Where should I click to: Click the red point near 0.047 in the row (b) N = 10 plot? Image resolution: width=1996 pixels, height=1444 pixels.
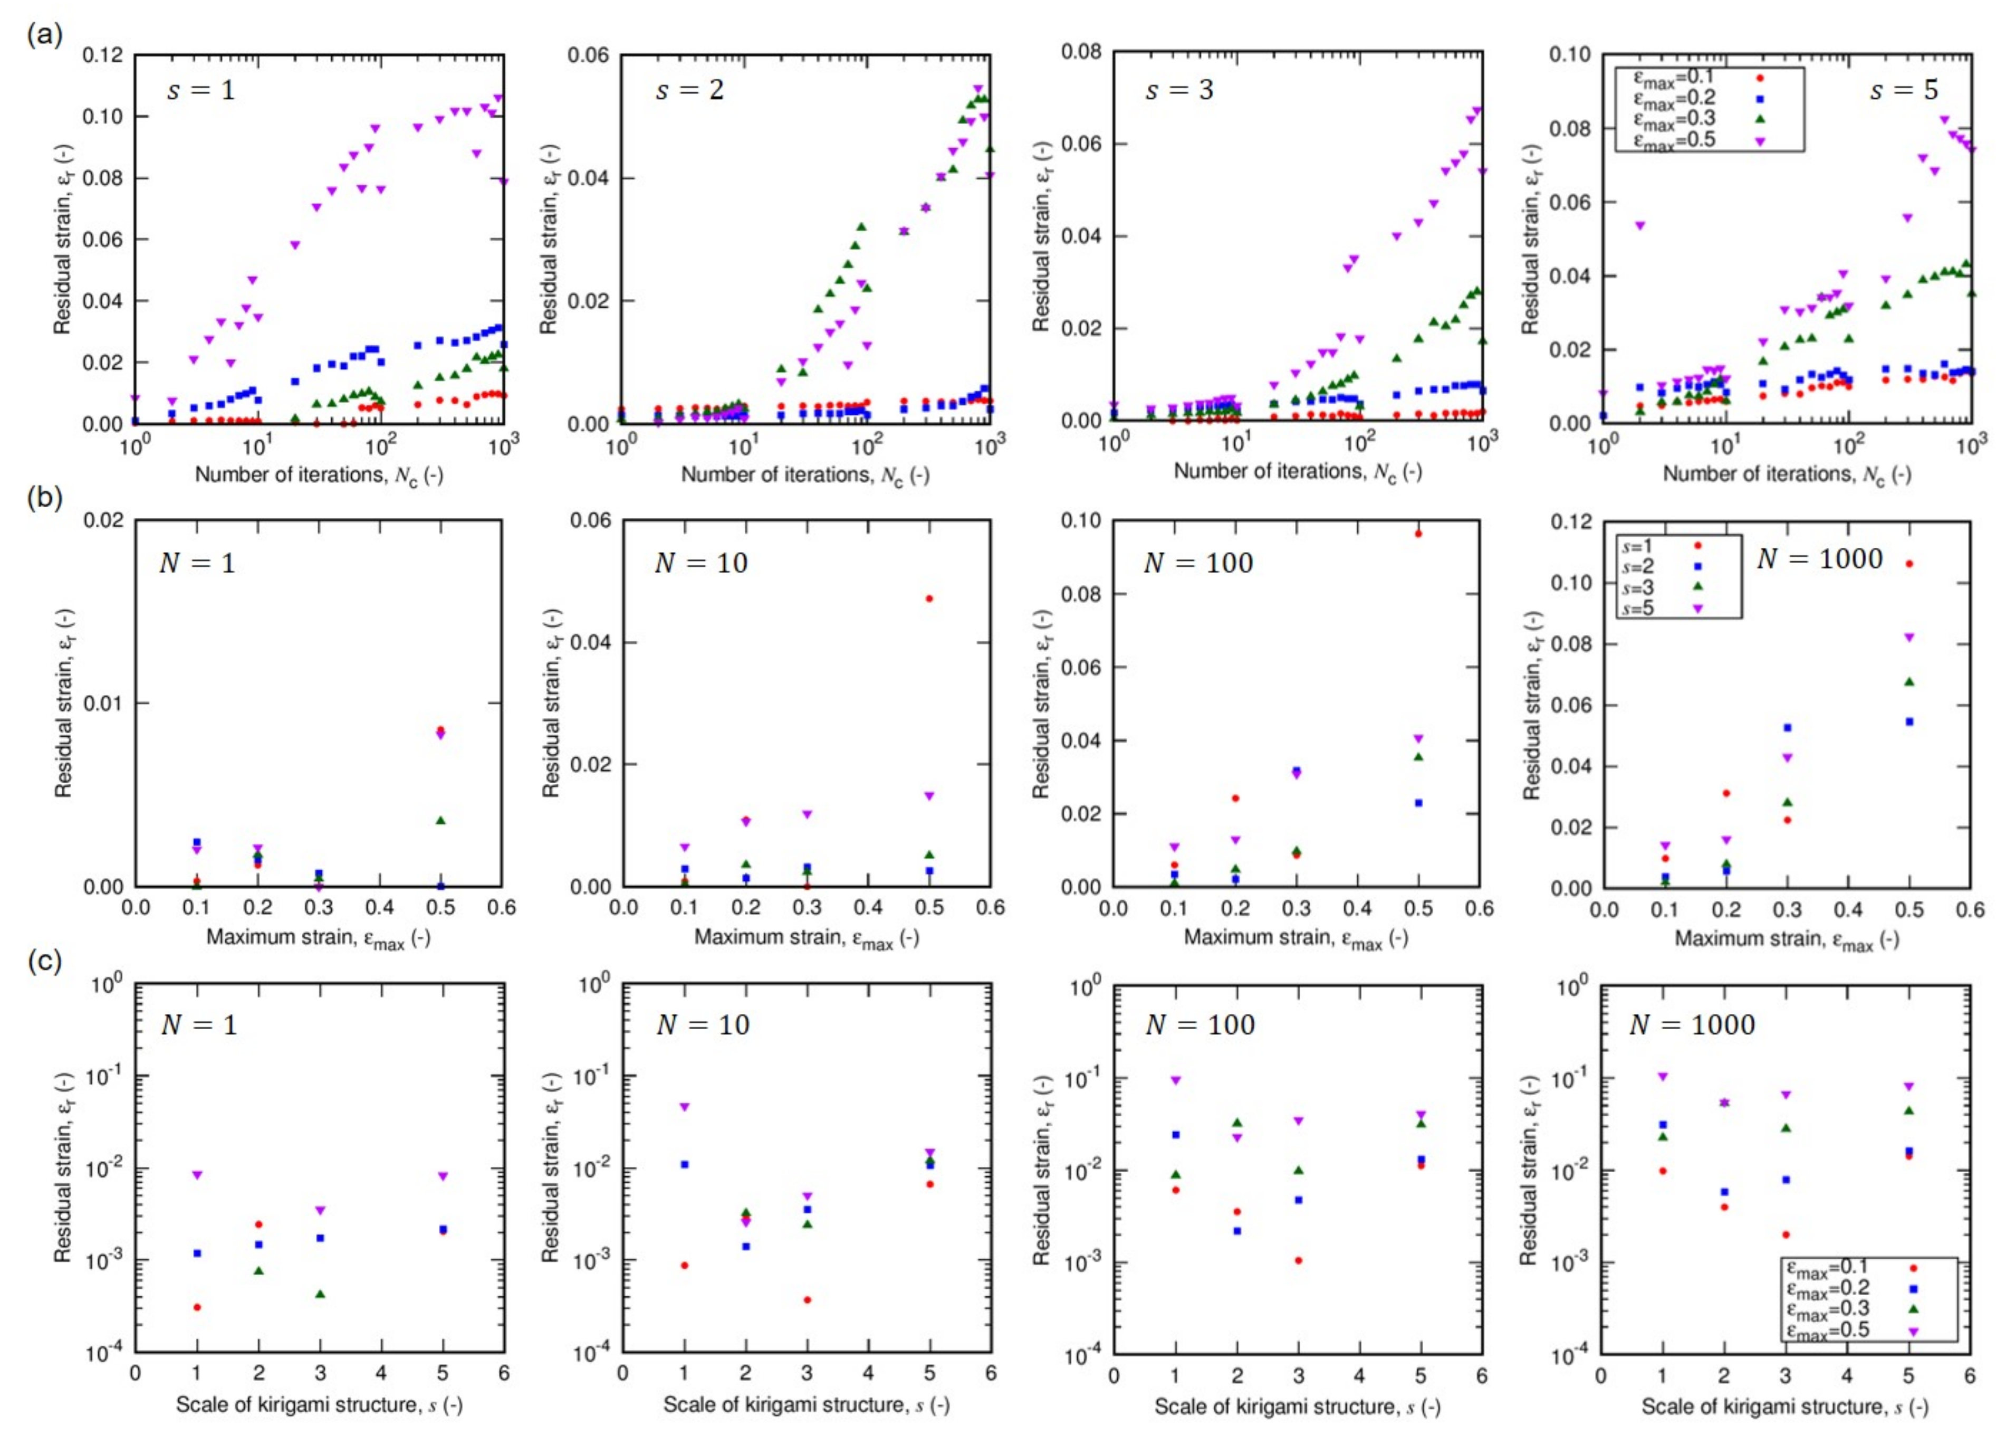coord(929,598)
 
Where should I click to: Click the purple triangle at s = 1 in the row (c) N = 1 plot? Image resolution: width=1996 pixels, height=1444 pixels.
coord(197,1175)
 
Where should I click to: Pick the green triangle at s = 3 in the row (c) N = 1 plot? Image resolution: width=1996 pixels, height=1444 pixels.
coord(320,1294)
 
